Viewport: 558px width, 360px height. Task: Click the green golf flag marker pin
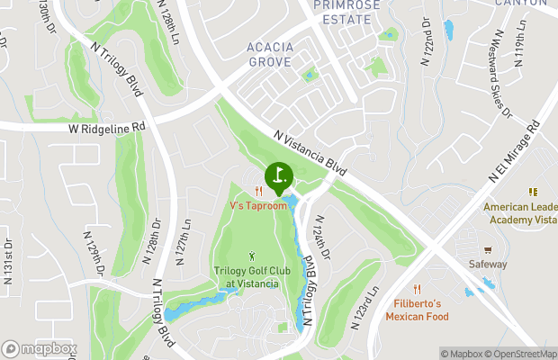(x=279, y=174)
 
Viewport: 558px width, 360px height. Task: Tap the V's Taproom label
(x=258, y=206)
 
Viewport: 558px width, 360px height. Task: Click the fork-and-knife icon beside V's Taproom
(x=258, y=191)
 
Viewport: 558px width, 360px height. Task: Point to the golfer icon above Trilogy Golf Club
(x=251, y=258)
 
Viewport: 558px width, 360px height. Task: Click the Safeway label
(x=488, y=265)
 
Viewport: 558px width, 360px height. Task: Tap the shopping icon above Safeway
(x=488, y=249)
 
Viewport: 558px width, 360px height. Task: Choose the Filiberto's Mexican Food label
(x=417, y=310)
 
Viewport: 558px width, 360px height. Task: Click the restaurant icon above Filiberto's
(x=417, y=289)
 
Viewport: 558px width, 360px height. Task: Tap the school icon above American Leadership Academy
(x=532, y=192)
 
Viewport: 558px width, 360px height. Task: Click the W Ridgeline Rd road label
(x=106, y=128)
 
